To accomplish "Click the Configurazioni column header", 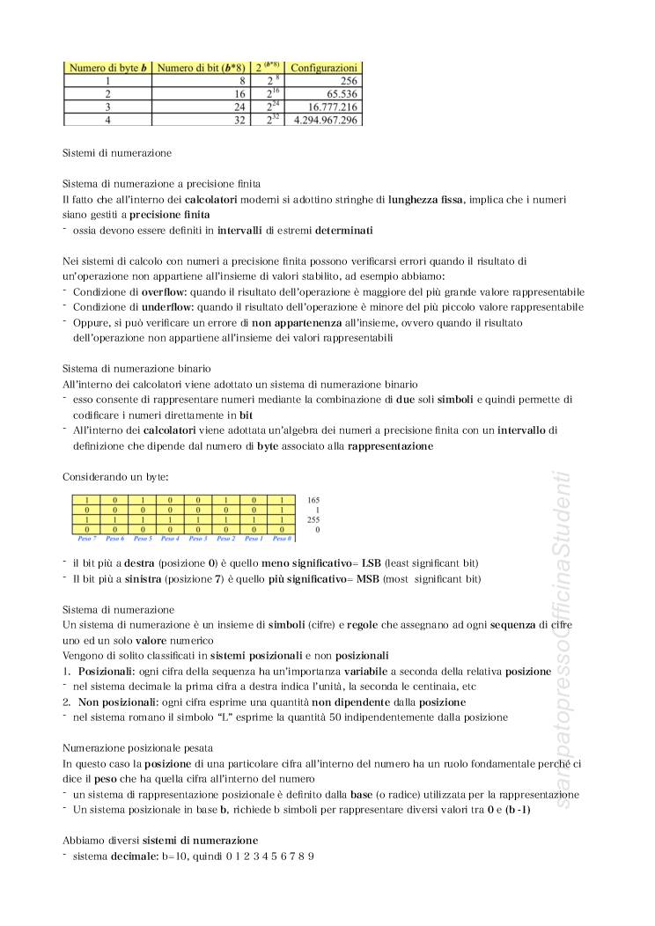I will (324, 68).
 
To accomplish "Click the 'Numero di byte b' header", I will (107, 68).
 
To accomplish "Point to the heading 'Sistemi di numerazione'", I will (117, 152).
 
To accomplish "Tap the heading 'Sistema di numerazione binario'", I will (136, 369).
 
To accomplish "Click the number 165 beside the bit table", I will (314, 499).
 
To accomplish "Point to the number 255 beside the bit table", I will (314, 519).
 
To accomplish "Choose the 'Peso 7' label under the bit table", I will (88, 538).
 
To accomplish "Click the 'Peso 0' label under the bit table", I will (282, 538).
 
